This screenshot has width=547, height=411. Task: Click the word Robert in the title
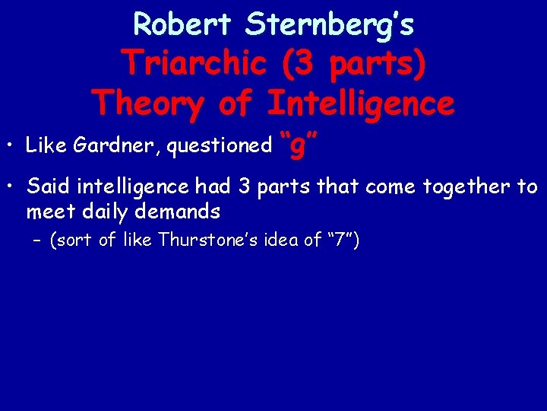coord(183,24)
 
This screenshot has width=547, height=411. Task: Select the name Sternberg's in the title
coord(330,24)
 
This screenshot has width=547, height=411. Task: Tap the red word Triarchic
coord(194,63)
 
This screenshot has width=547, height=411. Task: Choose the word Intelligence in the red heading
coord(361,103)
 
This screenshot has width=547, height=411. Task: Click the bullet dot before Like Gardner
coord(11,145)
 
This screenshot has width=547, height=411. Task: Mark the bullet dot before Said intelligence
coord(11,186)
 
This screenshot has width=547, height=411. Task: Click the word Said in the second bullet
coord(45,186)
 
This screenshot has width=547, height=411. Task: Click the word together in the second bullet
coord(463,186)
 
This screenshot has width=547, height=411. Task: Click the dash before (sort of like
coord(39,242)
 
